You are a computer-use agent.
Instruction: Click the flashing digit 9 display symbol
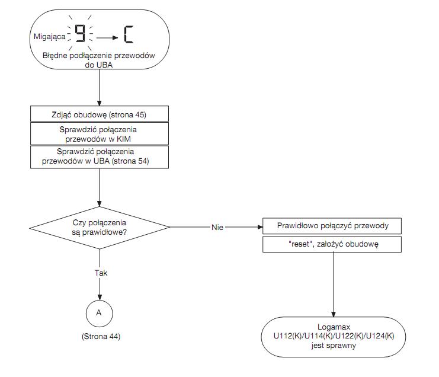(x=80, y=34)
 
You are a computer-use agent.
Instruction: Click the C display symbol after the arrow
(x=129, y=34)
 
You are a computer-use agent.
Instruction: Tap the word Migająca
(x=49, y=37)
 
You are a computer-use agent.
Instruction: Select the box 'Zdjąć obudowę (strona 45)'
(x=100, y=114)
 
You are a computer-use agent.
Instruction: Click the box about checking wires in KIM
(x=100, y=133)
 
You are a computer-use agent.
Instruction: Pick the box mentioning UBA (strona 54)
(x=100, y=157)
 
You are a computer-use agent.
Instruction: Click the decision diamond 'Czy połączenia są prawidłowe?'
(x=100, y=228)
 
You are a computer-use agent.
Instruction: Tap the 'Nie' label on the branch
(x=217, y=228)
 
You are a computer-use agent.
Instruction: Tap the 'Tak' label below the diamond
(x=101, y=273)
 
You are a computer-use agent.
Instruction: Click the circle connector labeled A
(x=100, y=314)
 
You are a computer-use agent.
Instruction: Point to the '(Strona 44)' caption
(x=101, y=336)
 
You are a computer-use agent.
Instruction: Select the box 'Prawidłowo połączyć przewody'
(x=332, y=226)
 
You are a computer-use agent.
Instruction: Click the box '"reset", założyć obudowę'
(x=332, y=244)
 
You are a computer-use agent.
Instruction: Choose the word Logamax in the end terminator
(x=334, y=327)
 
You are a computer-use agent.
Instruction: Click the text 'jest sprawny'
(x=334, y=346)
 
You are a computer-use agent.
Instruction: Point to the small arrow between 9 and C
(x=107, y=37)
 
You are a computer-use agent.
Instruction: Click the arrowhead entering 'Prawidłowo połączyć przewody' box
(x=260, y=227)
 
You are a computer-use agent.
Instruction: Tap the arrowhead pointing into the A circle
(x=100, y=298)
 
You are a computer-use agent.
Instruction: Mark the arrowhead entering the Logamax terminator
(x=333, y=314)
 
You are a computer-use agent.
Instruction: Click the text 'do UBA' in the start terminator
(x=99, y=65)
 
